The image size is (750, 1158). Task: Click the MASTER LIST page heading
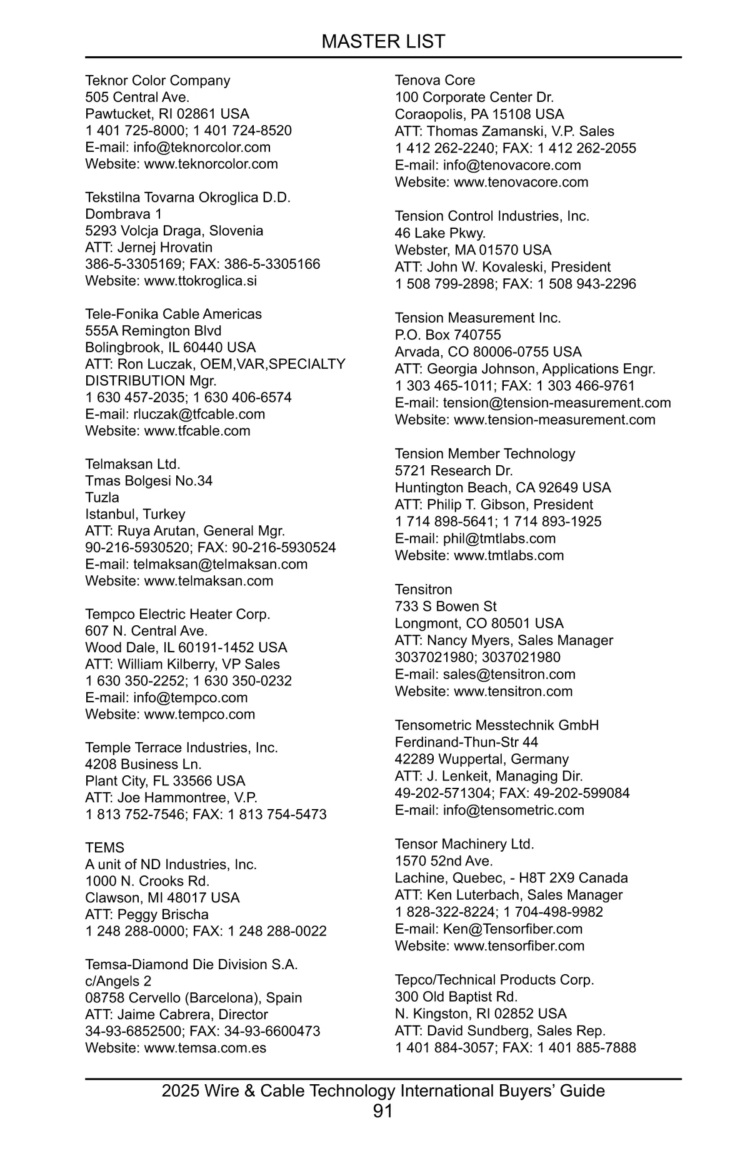click(x=383, y=41)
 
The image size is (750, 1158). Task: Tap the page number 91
click(x=382, y=1111)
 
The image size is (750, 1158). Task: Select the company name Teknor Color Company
click(x=157, y=81)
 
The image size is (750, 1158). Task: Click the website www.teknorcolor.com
click(x=211, y=164)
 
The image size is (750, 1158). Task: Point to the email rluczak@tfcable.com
click(x=199, y=414)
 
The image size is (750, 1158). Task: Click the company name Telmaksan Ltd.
click(x=132, y=464)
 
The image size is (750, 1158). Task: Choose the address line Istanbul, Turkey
click(x=135, y=514)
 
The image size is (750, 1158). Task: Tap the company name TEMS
click(x=104, y=847)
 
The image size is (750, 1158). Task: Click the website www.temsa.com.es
click(x=205, y=1048)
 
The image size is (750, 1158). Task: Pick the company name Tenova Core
click(x=434, y=80)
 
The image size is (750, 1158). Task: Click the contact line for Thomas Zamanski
click(x=504, y=131)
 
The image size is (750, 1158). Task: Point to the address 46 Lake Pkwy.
click(x=440, y=233)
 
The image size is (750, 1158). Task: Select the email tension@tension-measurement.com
click(x=556, y=403)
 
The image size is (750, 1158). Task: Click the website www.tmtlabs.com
click(x=508, y=555)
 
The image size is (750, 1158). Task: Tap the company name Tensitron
click(x=423, y=589)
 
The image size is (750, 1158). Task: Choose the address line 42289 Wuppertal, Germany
click(x=481, y=759)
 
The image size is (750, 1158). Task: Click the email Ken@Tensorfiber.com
click(x=512, y=929)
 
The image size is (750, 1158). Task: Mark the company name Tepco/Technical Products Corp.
click(x=494, y=980)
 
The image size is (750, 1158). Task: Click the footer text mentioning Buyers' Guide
click(x=383, y=1090)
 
